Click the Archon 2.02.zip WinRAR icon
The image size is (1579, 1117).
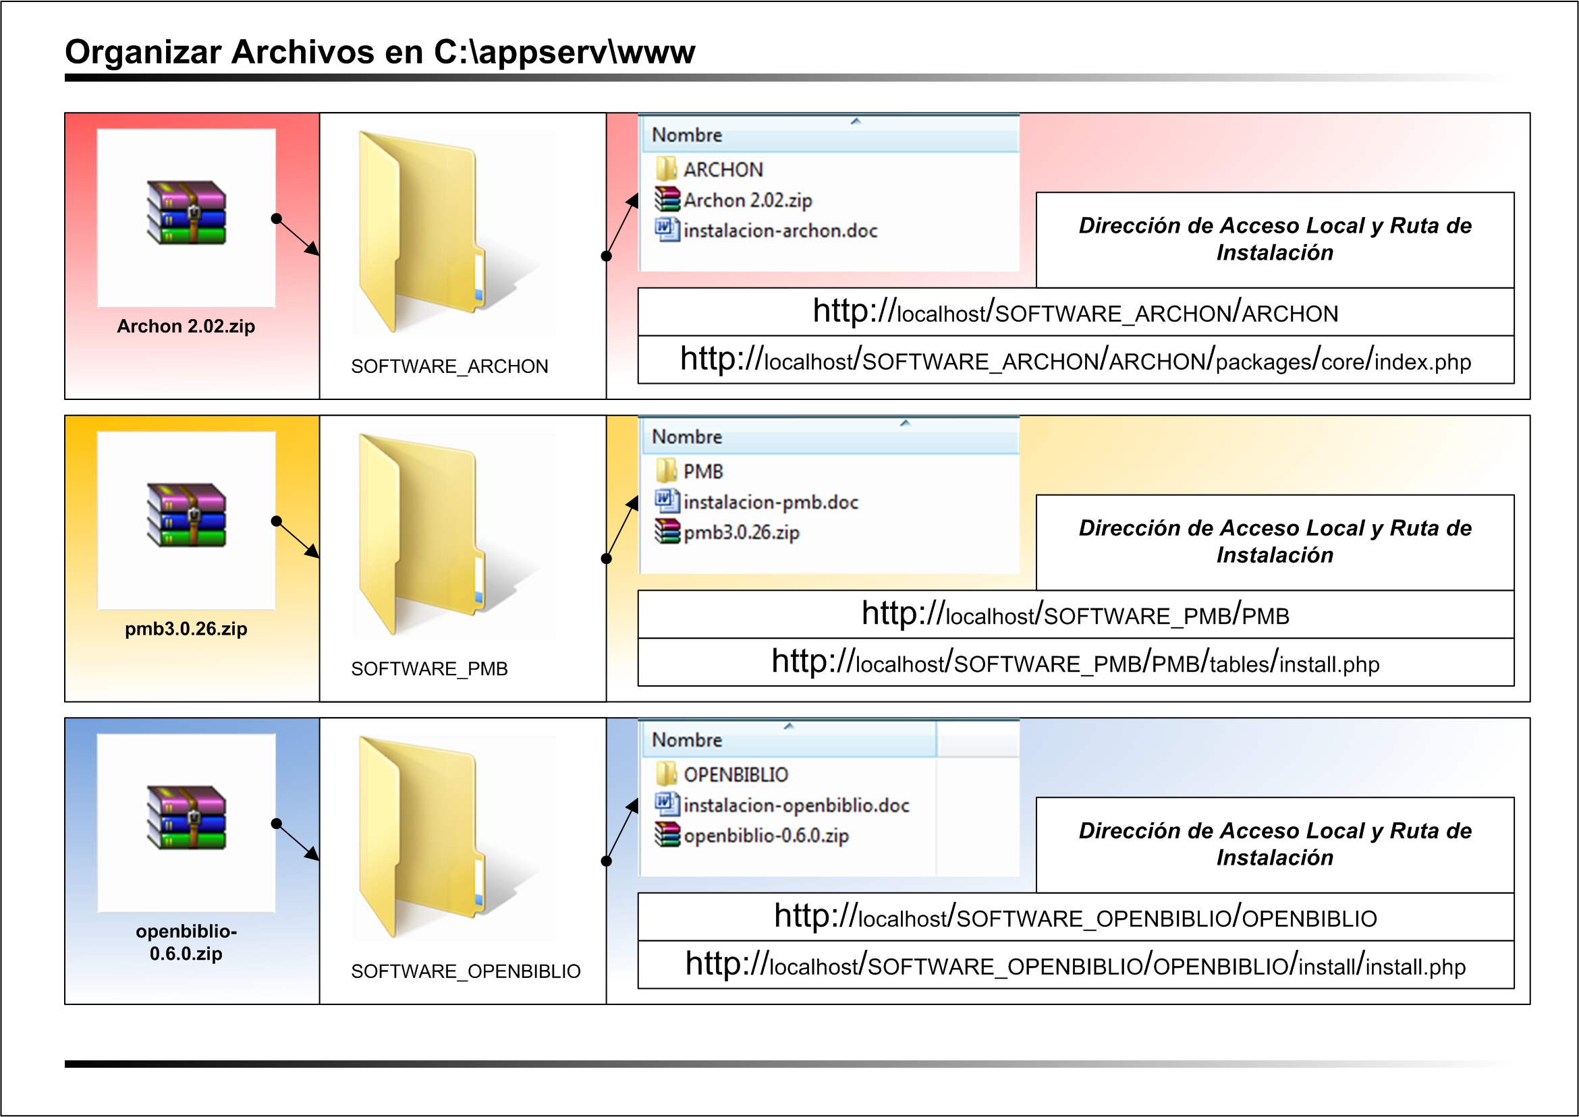(186, 212)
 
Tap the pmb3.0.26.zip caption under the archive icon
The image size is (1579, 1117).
(186, 629)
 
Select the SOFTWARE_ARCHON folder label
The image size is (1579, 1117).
(449, 367)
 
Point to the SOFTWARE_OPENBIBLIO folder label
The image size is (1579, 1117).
(465, 971)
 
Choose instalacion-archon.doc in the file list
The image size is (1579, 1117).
(779, 231)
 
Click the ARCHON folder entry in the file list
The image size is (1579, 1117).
(723, 169)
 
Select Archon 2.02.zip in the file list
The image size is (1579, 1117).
(747, 200)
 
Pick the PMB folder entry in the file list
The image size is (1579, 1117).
(702, 472)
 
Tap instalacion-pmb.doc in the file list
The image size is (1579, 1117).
(770, 502)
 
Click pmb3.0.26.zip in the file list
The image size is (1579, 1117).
(741, 532)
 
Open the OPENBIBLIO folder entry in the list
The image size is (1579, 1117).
(735, 774)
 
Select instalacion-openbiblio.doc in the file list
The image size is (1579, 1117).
(796, 805)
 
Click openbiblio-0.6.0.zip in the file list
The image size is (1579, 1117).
(765, 836)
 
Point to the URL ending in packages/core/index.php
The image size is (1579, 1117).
(1075, 360)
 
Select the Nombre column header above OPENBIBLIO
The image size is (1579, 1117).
(687, 740)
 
